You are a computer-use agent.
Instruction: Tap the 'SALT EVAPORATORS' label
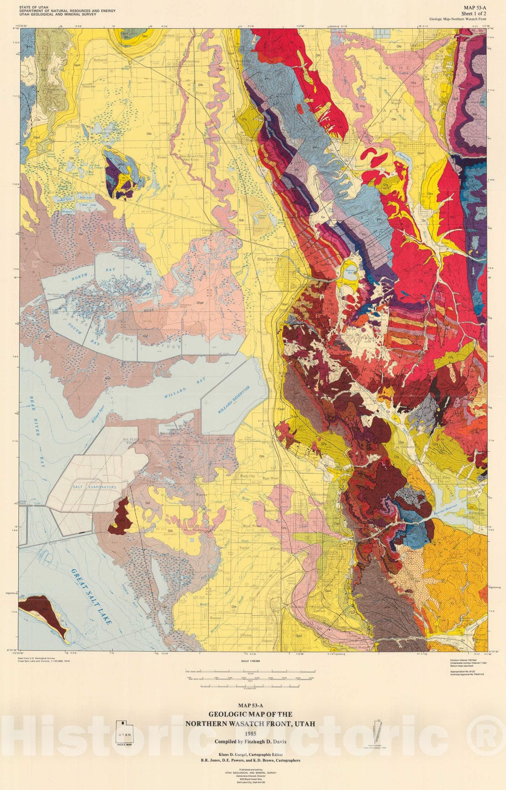pos(94,487)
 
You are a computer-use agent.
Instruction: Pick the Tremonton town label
pos(191,61)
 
